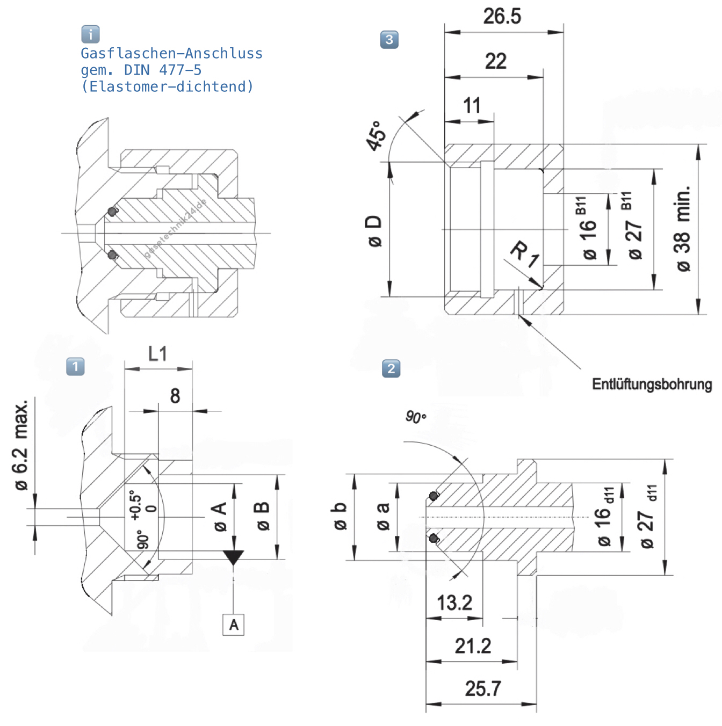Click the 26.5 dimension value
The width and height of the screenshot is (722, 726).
(x=502, y=16)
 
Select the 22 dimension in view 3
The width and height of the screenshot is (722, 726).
(x=495, y=61)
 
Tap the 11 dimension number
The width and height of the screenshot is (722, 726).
(x=472, y=106)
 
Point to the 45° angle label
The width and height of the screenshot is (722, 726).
(x=376, y=135)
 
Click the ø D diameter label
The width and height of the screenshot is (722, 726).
(x=374, y=231)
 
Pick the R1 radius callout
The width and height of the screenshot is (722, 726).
(x=524, y=254)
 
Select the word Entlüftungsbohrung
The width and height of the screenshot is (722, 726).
(x=652, y=384)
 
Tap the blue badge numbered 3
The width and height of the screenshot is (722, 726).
(x=389, y=39)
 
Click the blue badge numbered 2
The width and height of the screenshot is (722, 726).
(x=391, y=368)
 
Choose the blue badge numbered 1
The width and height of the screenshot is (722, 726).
(x=75, y=367)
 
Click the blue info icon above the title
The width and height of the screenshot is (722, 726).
(x=90, y=34)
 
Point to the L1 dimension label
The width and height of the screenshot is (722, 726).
(x=157, y=354)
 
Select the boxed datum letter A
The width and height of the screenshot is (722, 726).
(x=233, y=625)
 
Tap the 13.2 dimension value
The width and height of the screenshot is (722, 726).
(x=454, y=602)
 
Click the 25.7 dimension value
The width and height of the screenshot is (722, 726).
(x=483, y=688)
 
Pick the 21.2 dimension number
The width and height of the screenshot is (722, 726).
(x=473, y=646)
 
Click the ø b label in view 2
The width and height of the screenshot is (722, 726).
(x=340, y=516)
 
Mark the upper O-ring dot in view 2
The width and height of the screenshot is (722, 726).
(x=434, y=496)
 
